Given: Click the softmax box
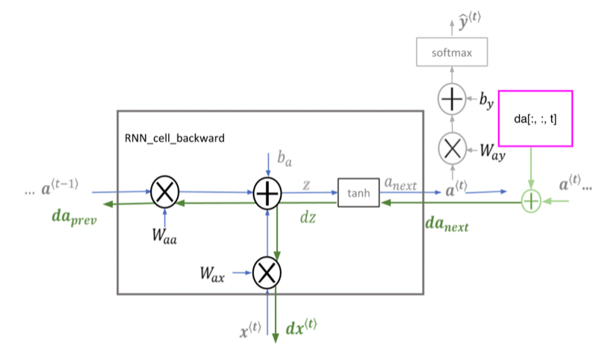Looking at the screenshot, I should [x=451, y=53].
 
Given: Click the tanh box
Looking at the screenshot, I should [x=359, y=193].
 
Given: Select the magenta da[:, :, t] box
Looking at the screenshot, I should [x=535, y=119].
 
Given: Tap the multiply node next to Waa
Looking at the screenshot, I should [x=164, y=193].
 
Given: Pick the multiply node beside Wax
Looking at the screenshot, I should [x=267, y=273].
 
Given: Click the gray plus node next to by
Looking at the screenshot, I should [x=451, y=98].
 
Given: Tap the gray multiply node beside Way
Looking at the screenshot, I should [x=451, y=149].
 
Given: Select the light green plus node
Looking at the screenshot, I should [x=530, y=200].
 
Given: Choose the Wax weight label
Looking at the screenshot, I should [x=213, y=273].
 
